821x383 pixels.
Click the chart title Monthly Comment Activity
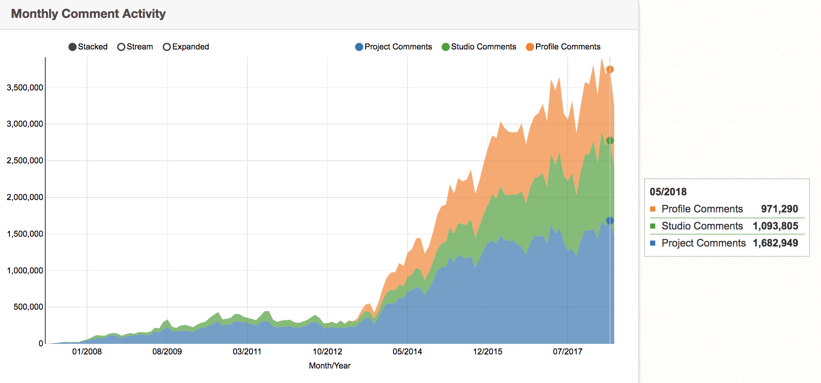click(88, 14)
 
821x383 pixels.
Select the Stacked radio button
click(73, 47)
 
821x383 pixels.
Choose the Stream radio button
click(121, 47)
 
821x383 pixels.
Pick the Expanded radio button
click(167, 47)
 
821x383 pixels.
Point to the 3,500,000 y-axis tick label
click(25, 88)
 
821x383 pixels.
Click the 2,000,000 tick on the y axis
click(25, 197)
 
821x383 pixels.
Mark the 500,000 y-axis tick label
click(28, 307)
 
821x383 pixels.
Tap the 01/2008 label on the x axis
click(87, 352)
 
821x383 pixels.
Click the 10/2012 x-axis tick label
click(327, 352)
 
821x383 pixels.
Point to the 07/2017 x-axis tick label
click(567, 352)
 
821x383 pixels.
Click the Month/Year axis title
click(329, 366)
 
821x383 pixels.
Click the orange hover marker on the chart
click(610, 70)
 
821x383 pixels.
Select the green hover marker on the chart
click(610, 141)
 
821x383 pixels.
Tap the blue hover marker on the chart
click(610, 221)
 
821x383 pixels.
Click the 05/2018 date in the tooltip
click(668, 192)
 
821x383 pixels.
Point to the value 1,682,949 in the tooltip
click(775, 243)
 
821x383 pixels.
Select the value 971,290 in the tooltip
click(779, 209)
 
